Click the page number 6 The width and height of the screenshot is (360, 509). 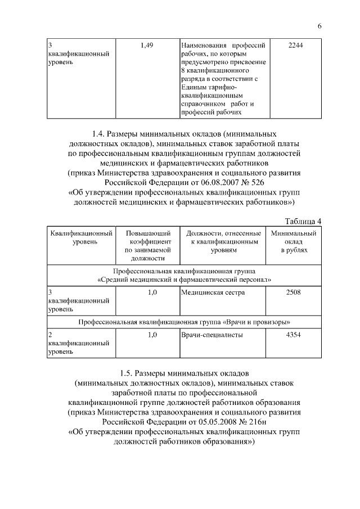(319, 26)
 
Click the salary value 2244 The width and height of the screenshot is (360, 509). (295, 45)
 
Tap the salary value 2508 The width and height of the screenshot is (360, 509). (295, 292)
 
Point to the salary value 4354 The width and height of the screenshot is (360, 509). (295, 335)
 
